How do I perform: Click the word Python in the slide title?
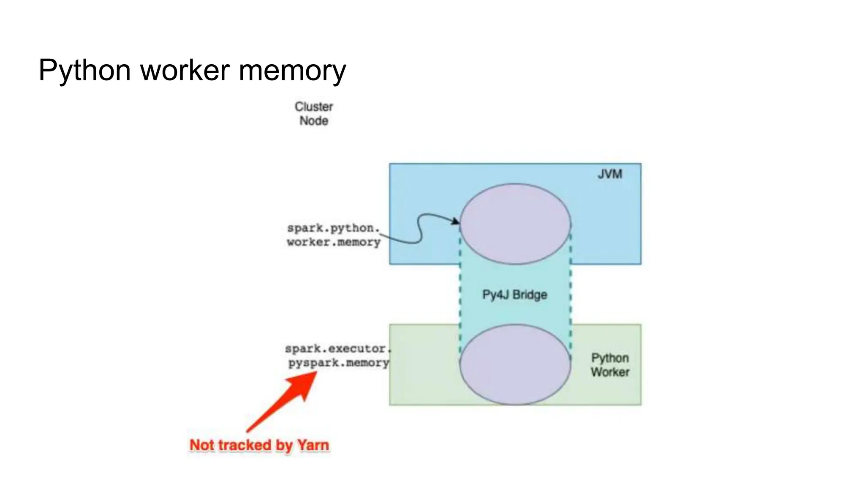84,70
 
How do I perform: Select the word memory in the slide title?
292,70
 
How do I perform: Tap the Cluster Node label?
314,114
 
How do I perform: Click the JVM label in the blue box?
610,174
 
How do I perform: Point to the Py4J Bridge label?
514,295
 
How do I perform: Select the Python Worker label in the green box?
610,365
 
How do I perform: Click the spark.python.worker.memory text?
334,235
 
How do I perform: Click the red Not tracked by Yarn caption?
259,445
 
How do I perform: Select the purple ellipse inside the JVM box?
515,224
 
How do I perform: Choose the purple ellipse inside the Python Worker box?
515,364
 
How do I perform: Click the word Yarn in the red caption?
313,445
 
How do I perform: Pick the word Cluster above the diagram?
314,107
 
